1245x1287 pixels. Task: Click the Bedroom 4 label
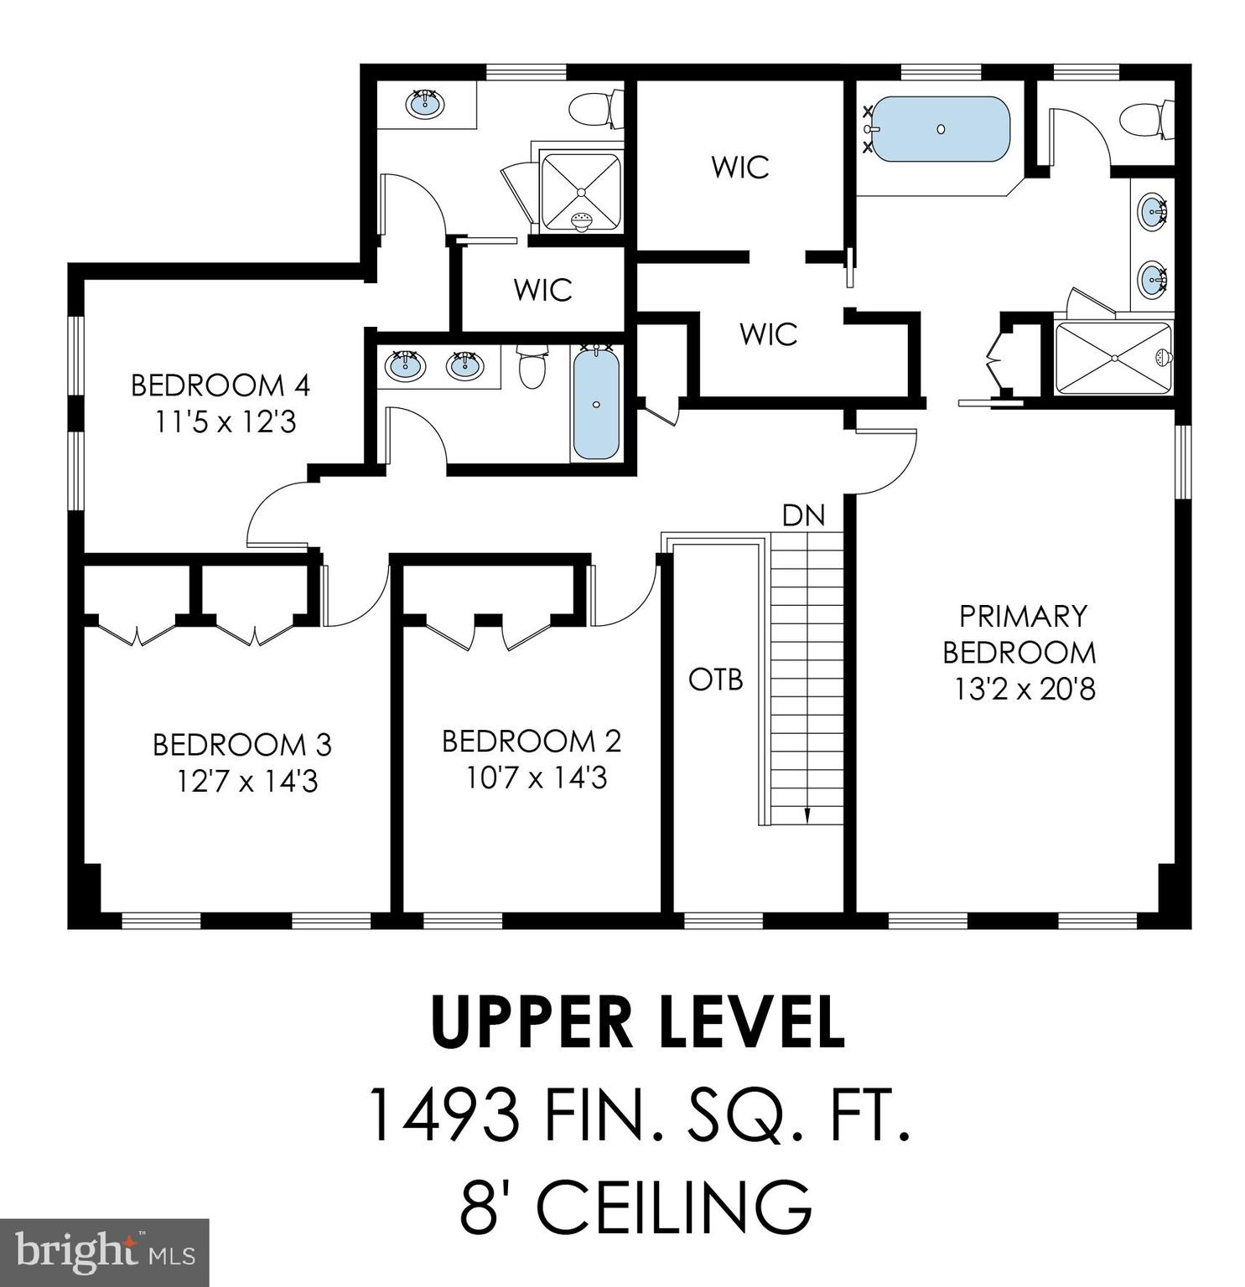pos(220,386)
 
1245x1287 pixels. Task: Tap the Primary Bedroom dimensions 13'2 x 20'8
pos(1024,690)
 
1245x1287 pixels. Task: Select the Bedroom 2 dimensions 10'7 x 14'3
pos(537,778)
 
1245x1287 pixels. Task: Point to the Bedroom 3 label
pos(242,744)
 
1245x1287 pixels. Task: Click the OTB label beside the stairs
pos(716,680)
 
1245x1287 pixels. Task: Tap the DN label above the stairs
pos(803,515)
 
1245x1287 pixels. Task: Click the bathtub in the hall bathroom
pos(596,405)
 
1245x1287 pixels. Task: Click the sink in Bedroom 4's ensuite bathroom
pos(425,104)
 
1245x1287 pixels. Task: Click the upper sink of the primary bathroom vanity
pos(1154,210)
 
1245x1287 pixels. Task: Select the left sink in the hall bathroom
pos(406,365)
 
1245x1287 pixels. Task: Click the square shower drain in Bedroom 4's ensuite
pos(580,192)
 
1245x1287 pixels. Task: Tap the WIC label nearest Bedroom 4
pos(542,290)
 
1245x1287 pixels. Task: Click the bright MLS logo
pos(104,1253)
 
